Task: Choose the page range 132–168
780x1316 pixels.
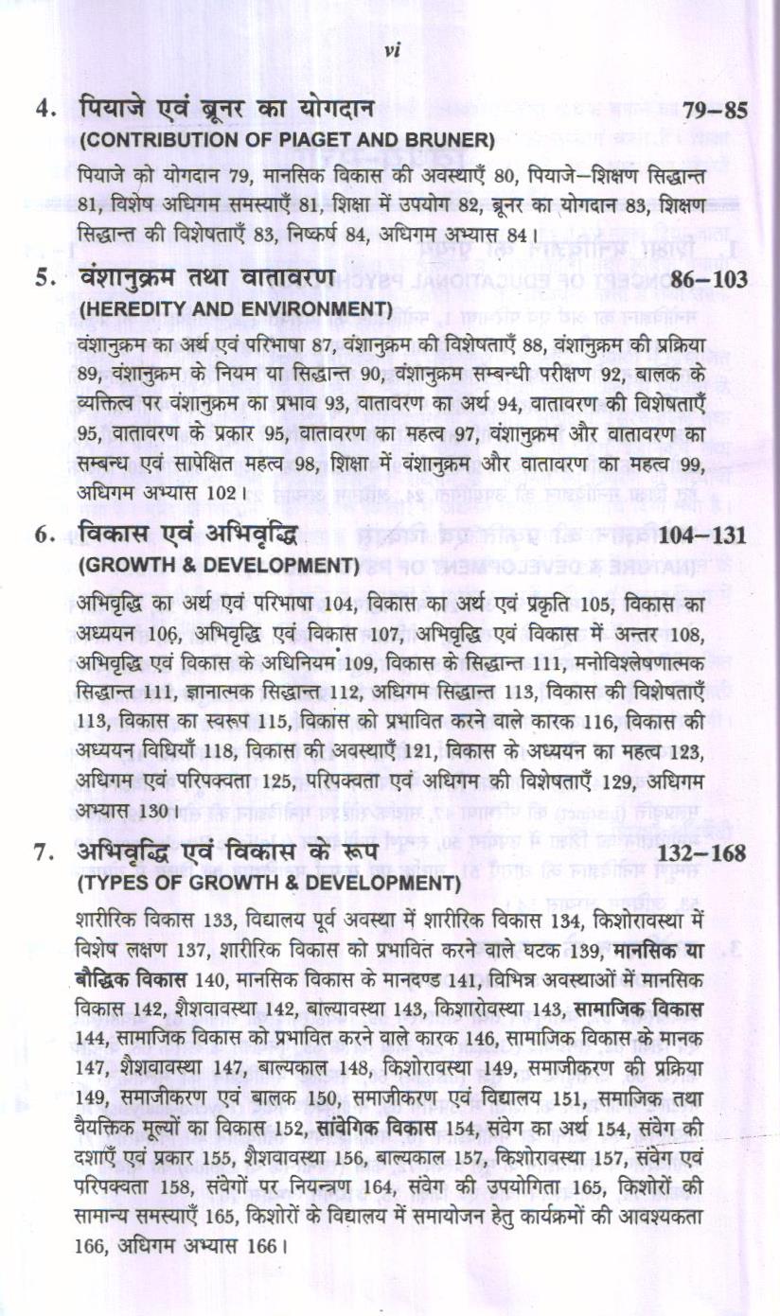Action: coord(701,853)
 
